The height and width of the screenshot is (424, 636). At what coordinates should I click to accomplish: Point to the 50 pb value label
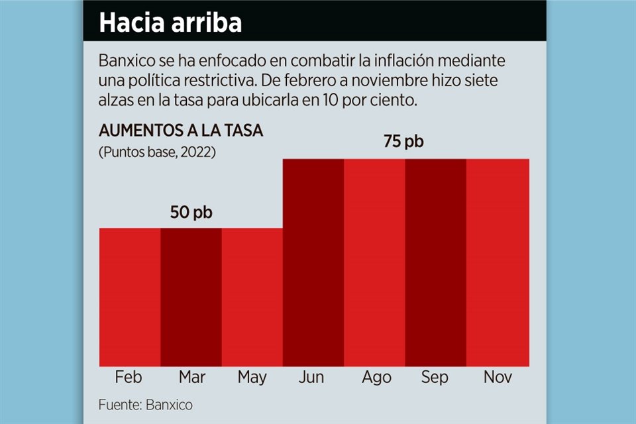[192, 213]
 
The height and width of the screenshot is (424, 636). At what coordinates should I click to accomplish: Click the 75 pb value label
[403, 142]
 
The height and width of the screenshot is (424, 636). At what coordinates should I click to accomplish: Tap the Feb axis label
[129, 378]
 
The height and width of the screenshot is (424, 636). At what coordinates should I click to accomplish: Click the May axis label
[252, 378]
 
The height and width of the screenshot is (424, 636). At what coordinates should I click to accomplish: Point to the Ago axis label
[376, 378]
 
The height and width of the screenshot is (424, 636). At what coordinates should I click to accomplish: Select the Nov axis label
[498, 378]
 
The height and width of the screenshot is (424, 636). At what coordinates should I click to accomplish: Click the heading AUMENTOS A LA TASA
[181, 131]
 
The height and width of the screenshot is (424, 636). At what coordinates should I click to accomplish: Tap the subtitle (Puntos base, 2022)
[158, 152]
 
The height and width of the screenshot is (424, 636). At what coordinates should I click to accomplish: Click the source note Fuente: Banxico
[146, 404]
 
